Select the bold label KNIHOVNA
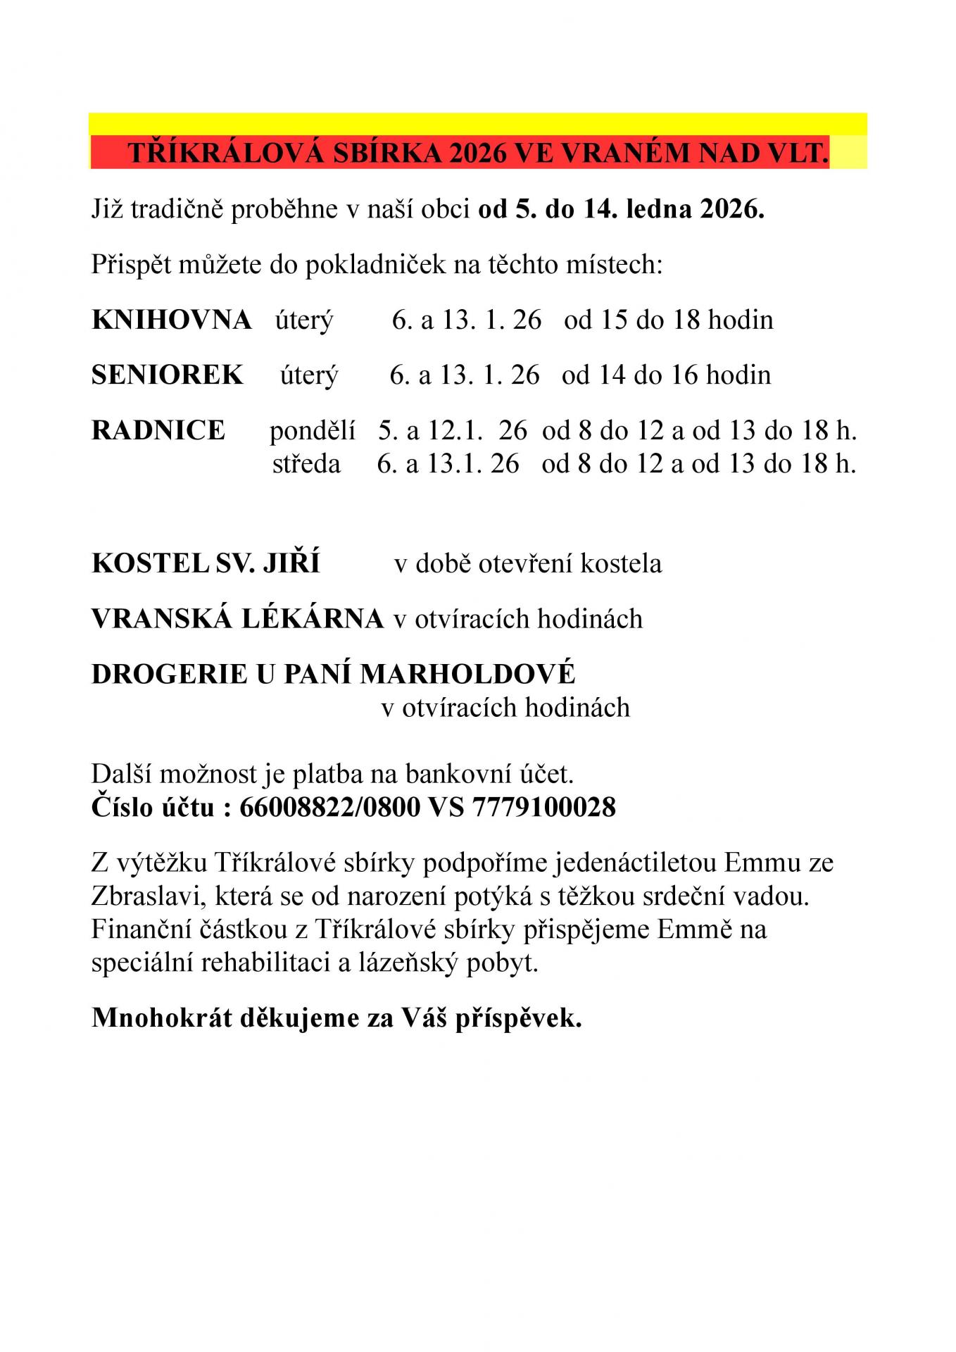(x=171, y=320)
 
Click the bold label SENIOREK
(x=168, y=375)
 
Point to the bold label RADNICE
(x=158, y=430)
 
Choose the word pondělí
(x=312, y=431)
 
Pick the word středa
(x=306, y=464)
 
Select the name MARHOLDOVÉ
(x=467, y=674)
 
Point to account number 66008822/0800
(x=329, y=807)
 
